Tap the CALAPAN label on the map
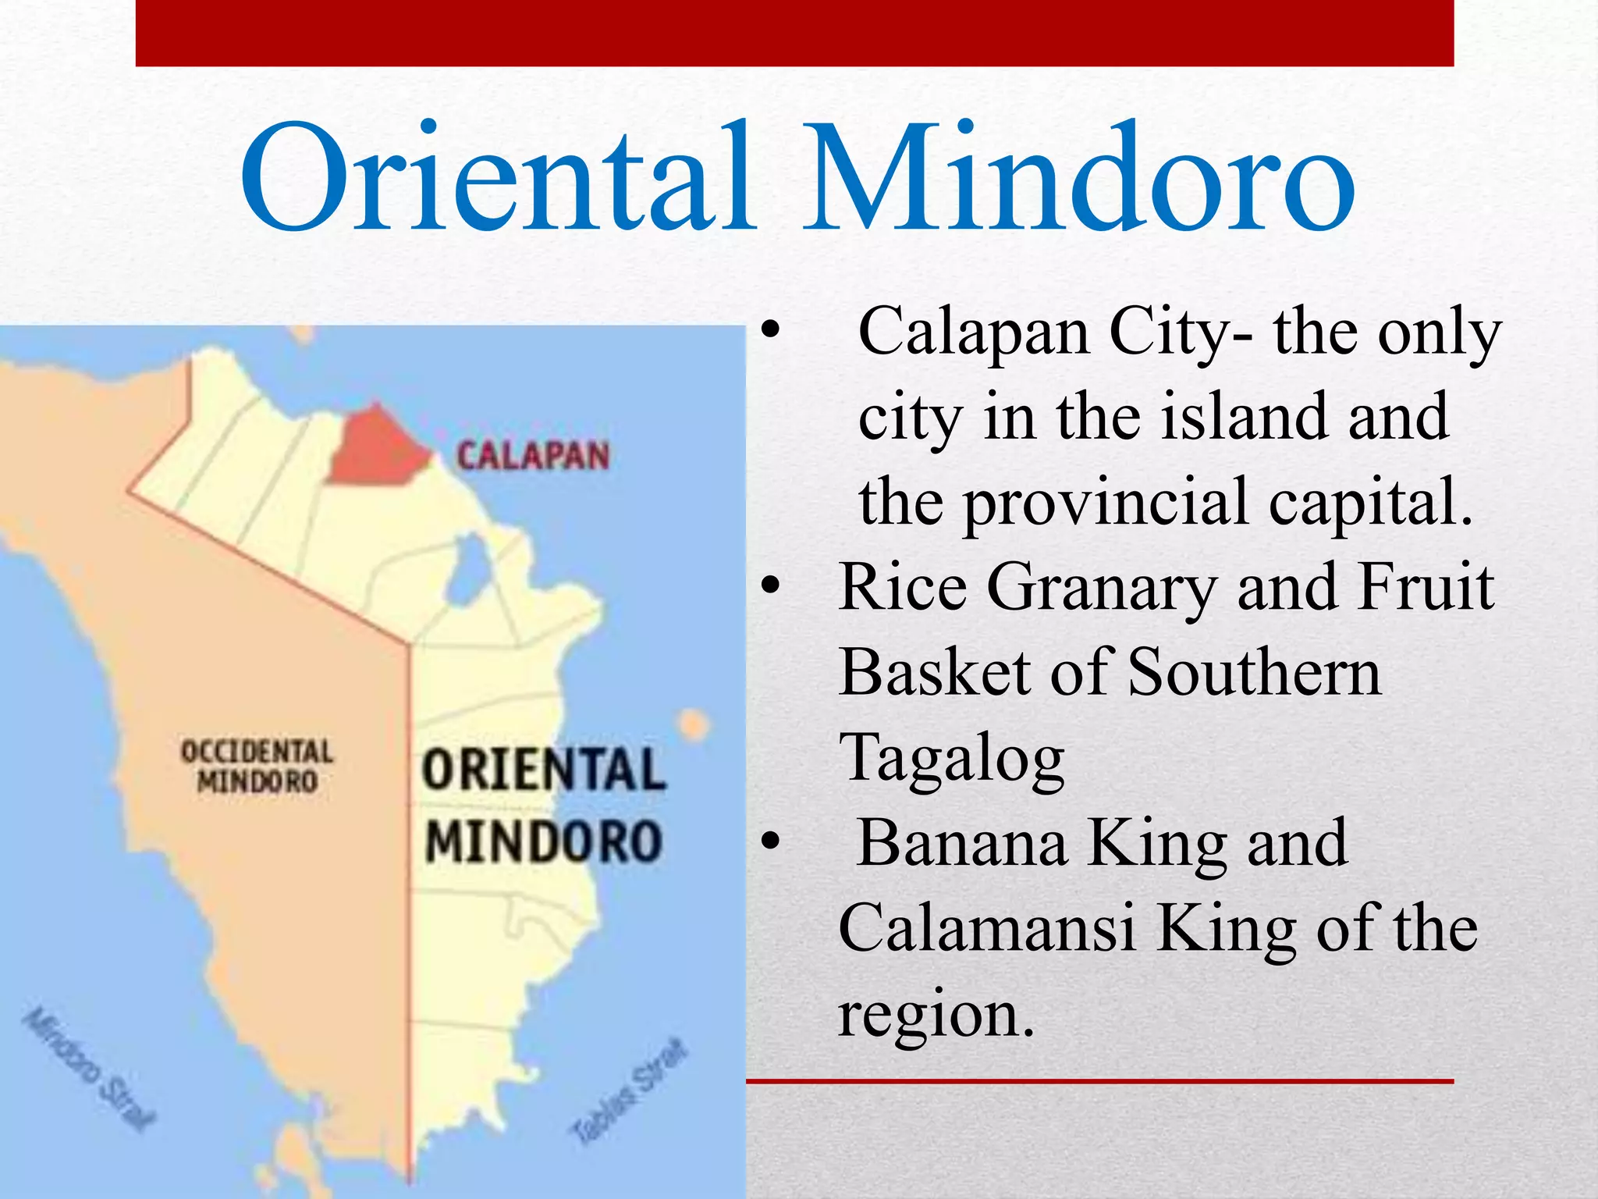pyautogui.click(x=533, y=456)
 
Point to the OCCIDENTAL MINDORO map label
pyautogui.click(x=257, y=766)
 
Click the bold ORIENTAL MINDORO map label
pyautogui.click(x=544, y=806)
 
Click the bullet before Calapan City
pyautogui.click(x=770, y=329)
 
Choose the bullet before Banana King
pyautogui.click(x=770, y=841)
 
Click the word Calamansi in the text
pyautogui.click(x=987, y=927)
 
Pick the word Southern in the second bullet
pyautogui.click(x=1254, y=672)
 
